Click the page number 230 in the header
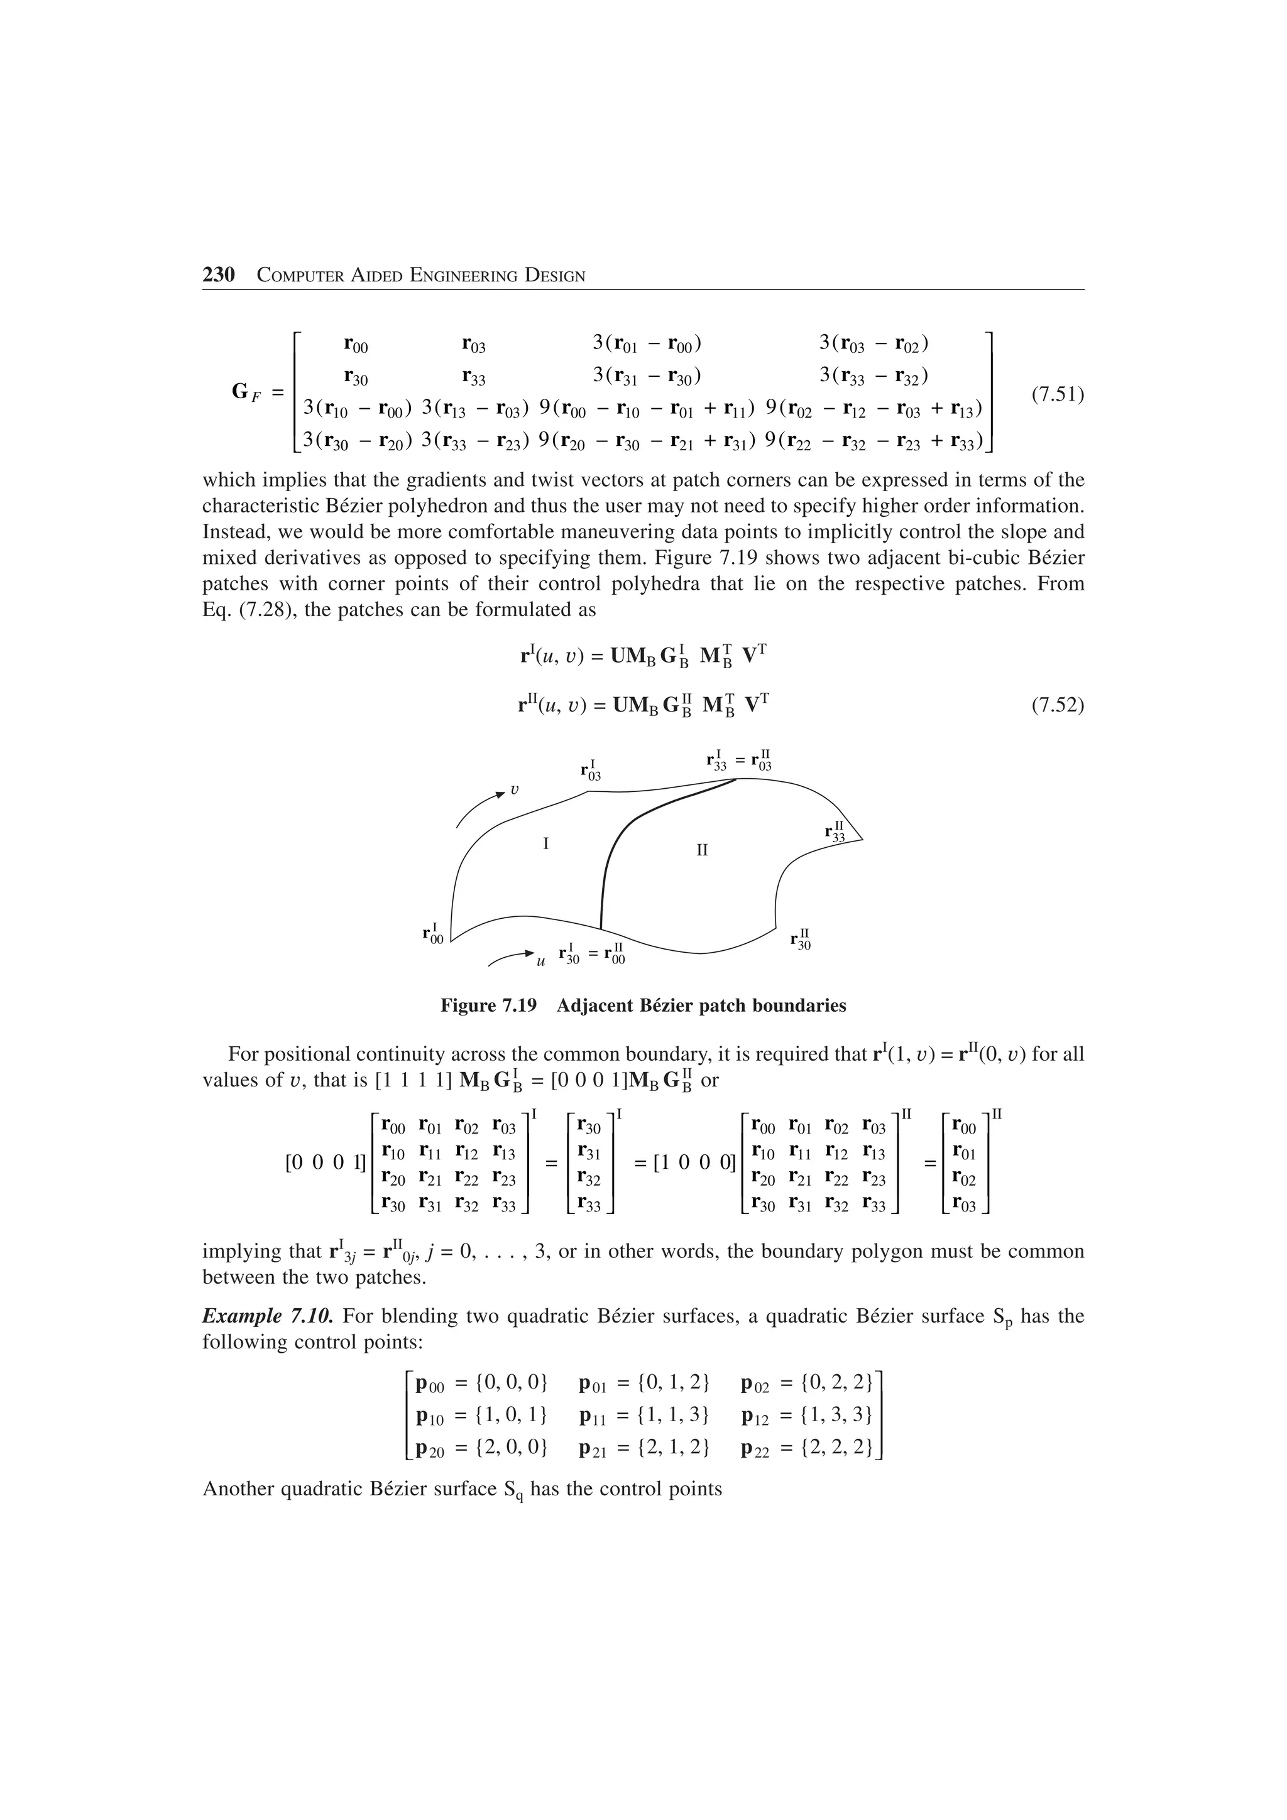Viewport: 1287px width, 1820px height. tap(219, 275)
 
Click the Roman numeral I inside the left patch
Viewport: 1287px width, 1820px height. tap(545, 843)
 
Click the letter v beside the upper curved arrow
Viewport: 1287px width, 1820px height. tap(515, 789)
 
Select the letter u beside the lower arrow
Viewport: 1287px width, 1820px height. tap(541, 961)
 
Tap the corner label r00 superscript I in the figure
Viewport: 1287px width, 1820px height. tap(433, 934)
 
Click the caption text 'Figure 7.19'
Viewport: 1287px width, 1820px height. tap(488, 1006)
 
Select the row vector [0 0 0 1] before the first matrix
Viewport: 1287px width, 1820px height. tap(325, 1163)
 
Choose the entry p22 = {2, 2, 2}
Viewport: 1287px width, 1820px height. tap(808, 1449)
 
